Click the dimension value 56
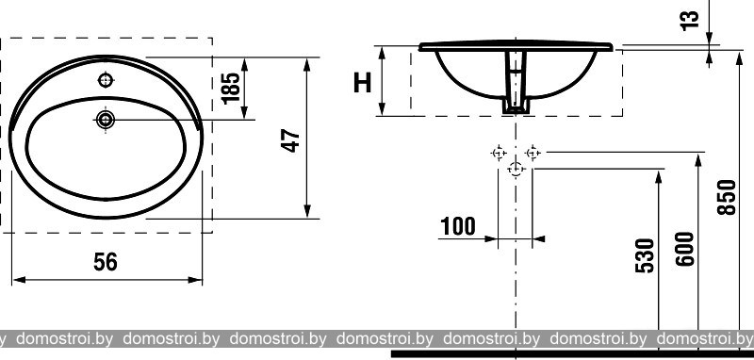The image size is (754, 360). pos(106,262)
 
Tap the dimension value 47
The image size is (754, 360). pos(291,140)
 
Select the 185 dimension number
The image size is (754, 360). pos(231,88)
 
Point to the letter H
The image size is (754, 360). pos(363,83)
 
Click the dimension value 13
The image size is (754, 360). pos(690,21)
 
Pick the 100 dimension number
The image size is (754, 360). pos(458,226)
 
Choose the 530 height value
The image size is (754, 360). pos(645,255)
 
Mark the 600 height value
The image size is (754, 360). pos(685,249)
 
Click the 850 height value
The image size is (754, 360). pos(727,197)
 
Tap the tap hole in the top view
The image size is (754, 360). pos(106,80)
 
